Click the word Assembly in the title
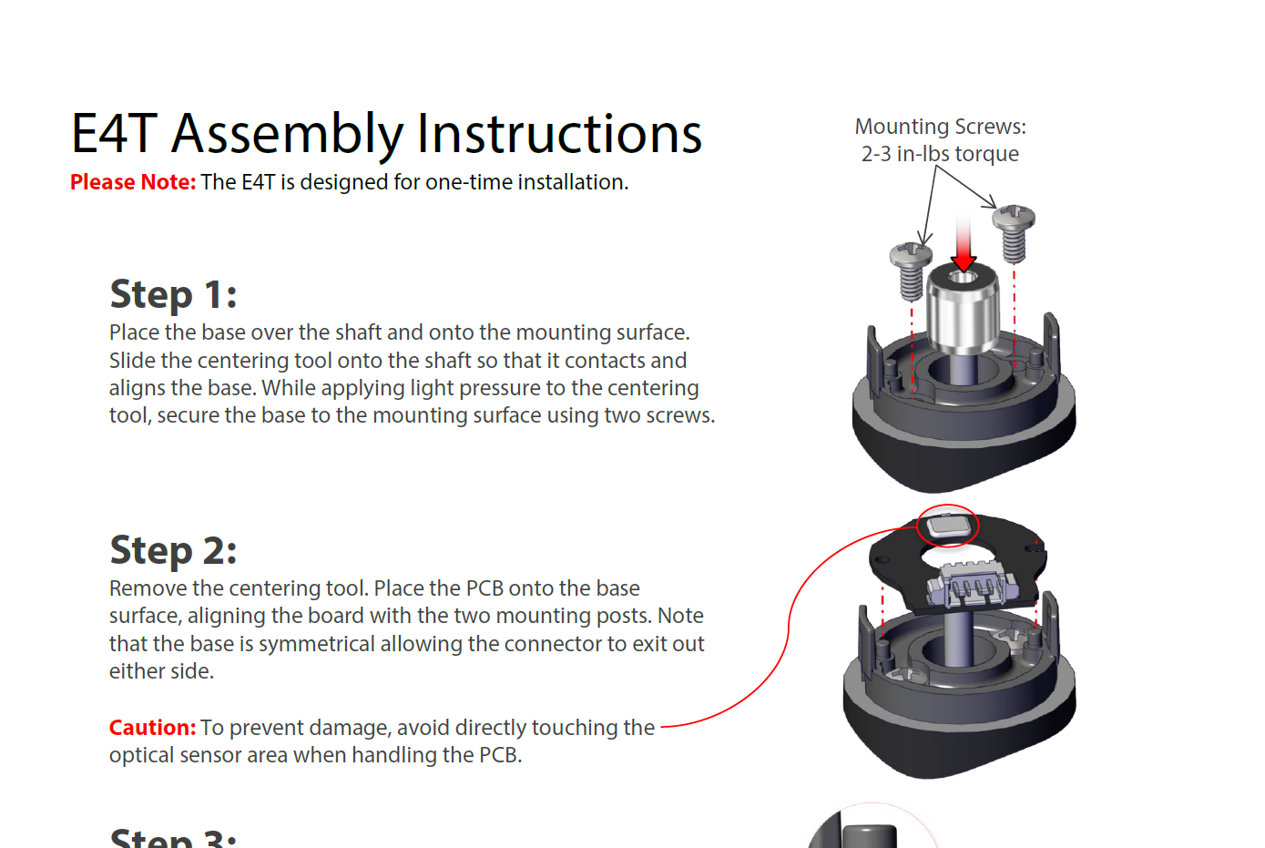click(287, 135)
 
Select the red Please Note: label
click(133, 182)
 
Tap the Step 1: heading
click(173, 295)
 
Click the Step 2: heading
click(173, 551)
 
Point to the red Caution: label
click(152, 728)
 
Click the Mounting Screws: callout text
click(940, 127)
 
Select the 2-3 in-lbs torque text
click(940, 154)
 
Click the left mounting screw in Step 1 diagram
click(911, 271)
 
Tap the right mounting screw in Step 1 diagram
click(1014, 233)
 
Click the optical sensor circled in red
click(946, 526)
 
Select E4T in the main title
click(115, 135)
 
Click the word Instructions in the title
click(559, 135)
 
